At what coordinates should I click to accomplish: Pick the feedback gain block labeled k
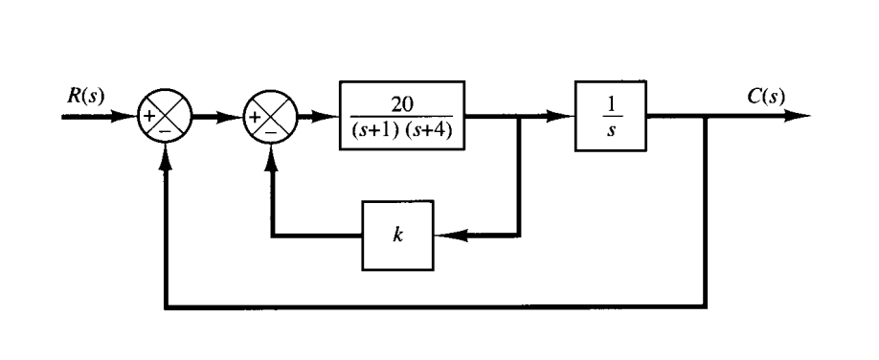[x=397, y=235]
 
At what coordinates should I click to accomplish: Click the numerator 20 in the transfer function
[x=402, y=104]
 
